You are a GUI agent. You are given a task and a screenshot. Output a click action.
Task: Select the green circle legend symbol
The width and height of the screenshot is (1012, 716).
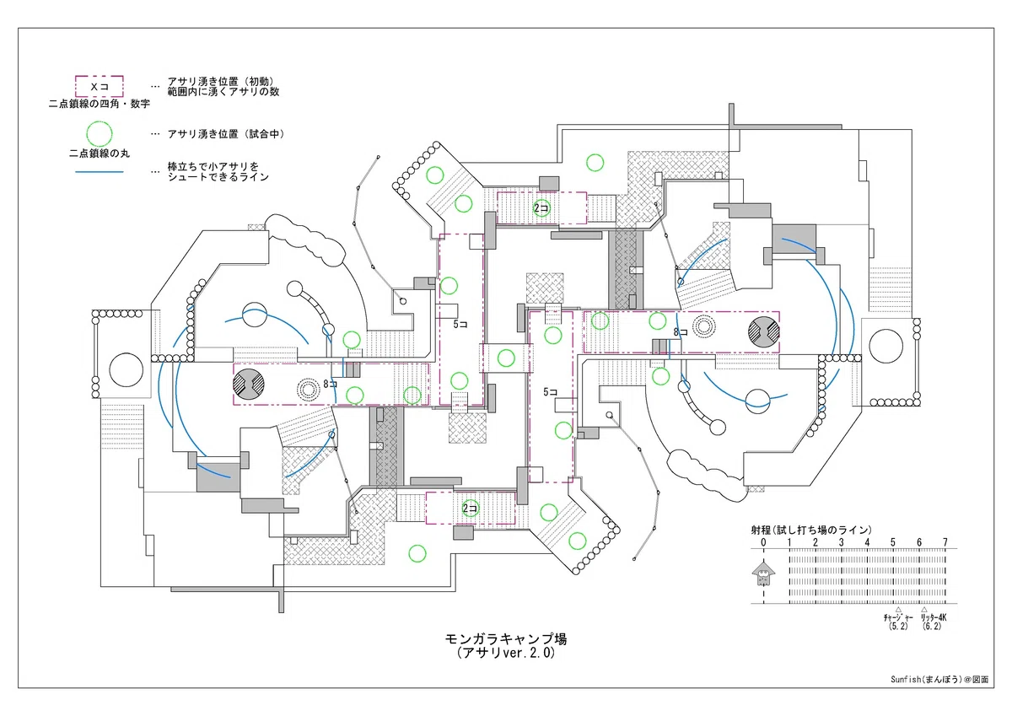coord(99,134)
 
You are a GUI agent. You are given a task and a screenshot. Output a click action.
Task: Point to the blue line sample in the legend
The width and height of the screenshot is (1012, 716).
coord(99,172)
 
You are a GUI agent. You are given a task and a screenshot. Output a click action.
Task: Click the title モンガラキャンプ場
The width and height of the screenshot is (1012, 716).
coord(506,638)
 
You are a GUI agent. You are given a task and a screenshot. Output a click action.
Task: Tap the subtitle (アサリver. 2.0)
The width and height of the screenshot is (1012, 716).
coord(506,653)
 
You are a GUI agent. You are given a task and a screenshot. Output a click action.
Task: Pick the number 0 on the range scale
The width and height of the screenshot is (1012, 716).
coord(763,542)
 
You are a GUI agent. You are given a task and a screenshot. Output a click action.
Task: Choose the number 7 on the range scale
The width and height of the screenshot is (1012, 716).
coord(945,542)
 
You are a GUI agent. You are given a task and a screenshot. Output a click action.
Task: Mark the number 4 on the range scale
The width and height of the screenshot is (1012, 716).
coord(867,542)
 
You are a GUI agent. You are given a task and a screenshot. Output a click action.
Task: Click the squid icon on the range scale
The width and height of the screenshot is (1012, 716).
coord(763,573)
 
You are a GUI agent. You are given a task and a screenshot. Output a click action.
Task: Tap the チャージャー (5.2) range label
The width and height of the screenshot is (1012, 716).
coord(898,622)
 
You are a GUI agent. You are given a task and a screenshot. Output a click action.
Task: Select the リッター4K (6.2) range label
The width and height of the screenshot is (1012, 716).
coord(933,622)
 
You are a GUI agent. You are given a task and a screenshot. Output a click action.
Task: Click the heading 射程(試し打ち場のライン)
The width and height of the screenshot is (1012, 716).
coord(811,530)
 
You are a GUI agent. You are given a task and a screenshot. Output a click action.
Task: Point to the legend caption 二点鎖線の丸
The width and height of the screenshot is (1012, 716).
coord(100,153)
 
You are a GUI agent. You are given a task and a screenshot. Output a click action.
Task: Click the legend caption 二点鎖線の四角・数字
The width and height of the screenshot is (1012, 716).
coord(100,104)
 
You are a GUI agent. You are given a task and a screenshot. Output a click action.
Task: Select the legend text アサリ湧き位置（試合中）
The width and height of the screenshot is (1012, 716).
coord(226,134)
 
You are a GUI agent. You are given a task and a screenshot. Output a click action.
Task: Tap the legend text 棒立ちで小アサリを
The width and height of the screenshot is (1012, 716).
coord(213,167)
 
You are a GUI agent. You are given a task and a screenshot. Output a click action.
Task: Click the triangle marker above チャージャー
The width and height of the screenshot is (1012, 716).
coord(899,610)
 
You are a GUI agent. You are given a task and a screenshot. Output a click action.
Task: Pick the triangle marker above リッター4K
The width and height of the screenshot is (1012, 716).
coord(924,610)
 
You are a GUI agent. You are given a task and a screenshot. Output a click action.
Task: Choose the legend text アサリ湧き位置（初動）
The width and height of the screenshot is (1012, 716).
coord(221,81)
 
